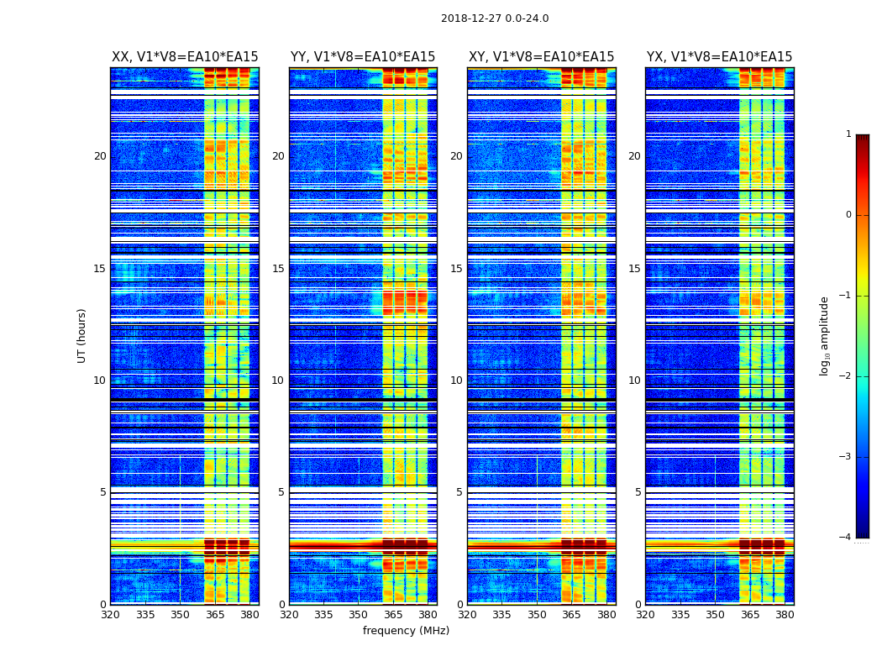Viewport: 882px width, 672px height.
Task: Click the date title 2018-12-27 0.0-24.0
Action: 495,18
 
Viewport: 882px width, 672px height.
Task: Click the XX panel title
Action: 185,57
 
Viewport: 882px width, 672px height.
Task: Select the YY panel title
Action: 363,57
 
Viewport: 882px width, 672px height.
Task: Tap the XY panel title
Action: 541,57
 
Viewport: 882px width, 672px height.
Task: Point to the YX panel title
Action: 719,57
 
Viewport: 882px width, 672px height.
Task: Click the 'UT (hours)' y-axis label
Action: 82,335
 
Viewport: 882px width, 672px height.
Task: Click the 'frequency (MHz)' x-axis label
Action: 406,631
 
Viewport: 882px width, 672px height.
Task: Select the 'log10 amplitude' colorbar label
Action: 825,335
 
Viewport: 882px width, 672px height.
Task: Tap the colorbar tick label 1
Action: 848,134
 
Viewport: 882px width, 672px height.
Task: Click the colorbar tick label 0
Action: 848,215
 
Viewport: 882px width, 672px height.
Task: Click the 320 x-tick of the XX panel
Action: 110,615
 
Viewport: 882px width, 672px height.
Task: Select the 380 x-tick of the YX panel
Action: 785,615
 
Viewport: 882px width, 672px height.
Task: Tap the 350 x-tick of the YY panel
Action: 359,615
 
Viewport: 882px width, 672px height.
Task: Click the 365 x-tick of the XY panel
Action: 572,615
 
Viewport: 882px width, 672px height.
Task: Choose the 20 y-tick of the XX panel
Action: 100,156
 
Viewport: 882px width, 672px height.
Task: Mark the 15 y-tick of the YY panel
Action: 278,269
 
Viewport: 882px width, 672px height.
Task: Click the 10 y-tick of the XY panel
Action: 456,381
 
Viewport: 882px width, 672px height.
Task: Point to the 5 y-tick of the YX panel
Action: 638,492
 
